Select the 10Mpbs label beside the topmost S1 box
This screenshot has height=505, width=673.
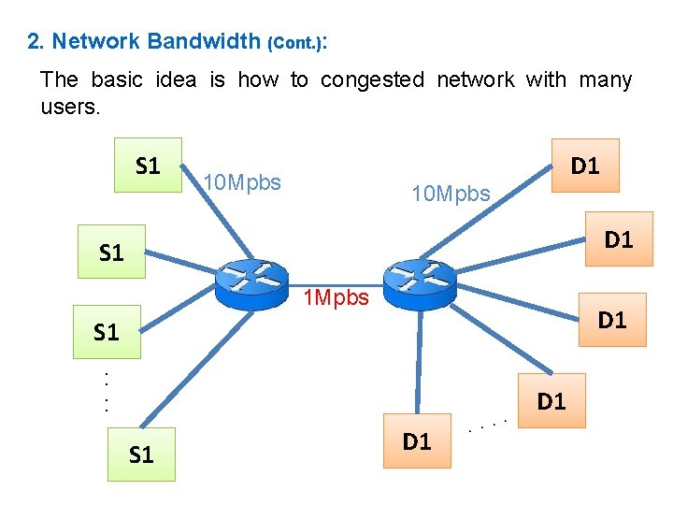point(242,182)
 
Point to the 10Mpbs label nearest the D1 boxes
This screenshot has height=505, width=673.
point(451,194)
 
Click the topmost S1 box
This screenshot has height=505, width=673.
point(148,166)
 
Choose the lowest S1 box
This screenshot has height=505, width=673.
point(141,454)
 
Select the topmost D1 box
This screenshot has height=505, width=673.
point(585,166)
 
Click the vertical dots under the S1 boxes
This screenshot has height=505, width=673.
point(107,392)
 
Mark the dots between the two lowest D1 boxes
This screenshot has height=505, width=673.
point(487,426)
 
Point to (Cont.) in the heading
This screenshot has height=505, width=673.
point(296,43)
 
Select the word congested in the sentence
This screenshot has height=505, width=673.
point(372,80)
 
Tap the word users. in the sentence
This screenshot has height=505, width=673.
point(69,107)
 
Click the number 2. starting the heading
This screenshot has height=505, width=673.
point(36,41)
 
